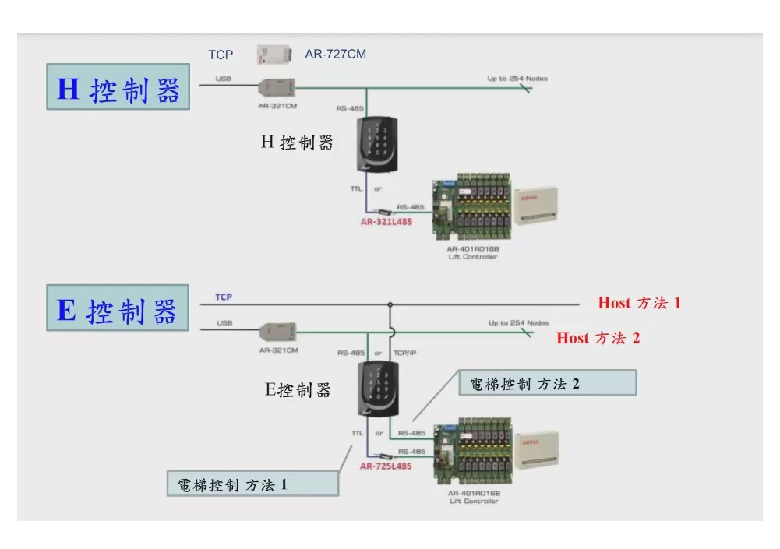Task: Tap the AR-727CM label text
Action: (x=336, y=55)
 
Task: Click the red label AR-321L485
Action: (x=386, y=221)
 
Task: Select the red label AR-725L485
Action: (x=386, y=466)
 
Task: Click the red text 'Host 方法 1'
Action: (x=639, y=303)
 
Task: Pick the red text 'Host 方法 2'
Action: (x=598, y=338)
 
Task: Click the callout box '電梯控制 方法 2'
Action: (x=524, y=383)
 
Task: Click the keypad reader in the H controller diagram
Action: (x=378, y=144)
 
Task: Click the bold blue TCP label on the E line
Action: (x=224, y=297)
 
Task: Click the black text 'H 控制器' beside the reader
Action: (x=296, y=143)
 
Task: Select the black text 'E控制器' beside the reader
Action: (x=298, y=389)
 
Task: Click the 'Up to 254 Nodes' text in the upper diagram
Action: (x=517, y=79)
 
